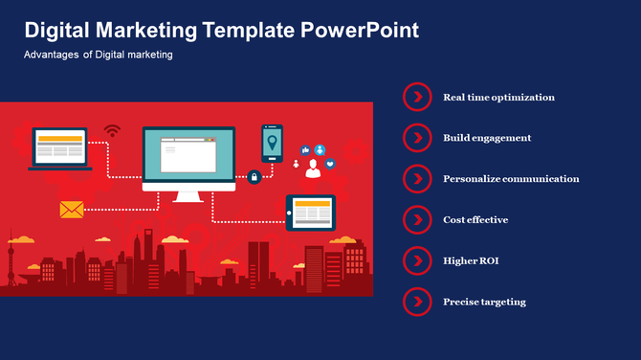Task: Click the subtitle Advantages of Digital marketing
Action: (x=99, y=56)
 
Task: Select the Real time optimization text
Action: (x=498, y=97)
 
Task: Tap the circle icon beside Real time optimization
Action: (x=417, y=97)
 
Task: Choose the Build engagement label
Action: (x=487, y=138)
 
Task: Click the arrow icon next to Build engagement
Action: (x=417, y=138)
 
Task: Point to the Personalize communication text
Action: (x=511, y=178)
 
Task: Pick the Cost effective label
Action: (x=475, y=219)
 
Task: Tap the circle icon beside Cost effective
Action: (x=417, y=219)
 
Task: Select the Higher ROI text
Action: (x=471, y=260)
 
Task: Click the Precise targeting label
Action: (x=484, y=302)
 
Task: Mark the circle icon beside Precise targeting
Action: (x=417, y=302)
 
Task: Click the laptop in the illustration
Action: (x=60, y=148)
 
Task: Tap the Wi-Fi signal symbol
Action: (x=113, y=130)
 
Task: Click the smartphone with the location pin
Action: (x=273, y=143)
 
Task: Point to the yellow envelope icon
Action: (x=72, y=210)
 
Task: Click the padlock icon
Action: (x=254, y=176)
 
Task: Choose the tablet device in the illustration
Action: (x=311, y=213)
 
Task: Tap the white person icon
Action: (x=312, y=169)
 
